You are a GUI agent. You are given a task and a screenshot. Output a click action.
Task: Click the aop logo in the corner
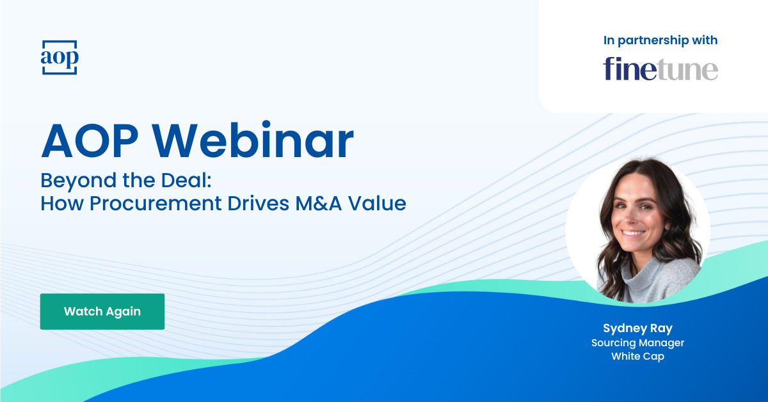60,57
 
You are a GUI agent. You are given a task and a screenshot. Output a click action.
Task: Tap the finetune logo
660,69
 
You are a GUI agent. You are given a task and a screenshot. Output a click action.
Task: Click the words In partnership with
660,40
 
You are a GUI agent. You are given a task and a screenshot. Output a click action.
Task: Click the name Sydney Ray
638,328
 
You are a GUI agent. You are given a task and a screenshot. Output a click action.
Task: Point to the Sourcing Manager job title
638,343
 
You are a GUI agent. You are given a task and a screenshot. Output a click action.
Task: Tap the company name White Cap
638,356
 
